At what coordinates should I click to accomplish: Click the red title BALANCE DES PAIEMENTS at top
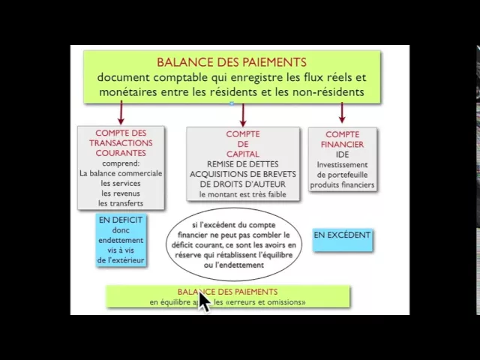[x=232, y=62]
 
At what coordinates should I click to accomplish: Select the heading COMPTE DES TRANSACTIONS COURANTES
[x=120, y=142]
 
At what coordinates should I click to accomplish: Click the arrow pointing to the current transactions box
[x=120, y=113]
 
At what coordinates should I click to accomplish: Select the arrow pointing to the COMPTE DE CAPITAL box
[x=243, y=113]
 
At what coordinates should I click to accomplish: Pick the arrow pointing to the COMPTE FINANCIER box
[x=342, y=113]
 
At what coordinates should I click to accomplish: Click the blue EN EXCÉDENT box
[x=342, y=235]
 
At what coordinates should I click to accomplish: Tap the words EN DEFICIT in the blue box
[x=120, y=220]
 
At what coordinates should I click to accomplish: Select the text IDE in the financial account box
[x=342, y=154]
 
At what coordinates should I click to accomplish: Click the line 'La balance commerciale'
[x=120, y=172]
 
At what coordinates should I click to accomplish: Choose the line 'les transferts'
[x=120, y=203]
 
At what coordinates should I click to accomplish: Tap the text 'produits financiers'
[x=342, y=184]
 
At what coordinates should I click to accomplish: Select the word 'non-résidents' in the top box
[x=328, y=92]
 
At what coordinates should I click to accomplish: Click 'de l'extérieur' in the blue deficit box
[x=120, y=260]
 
